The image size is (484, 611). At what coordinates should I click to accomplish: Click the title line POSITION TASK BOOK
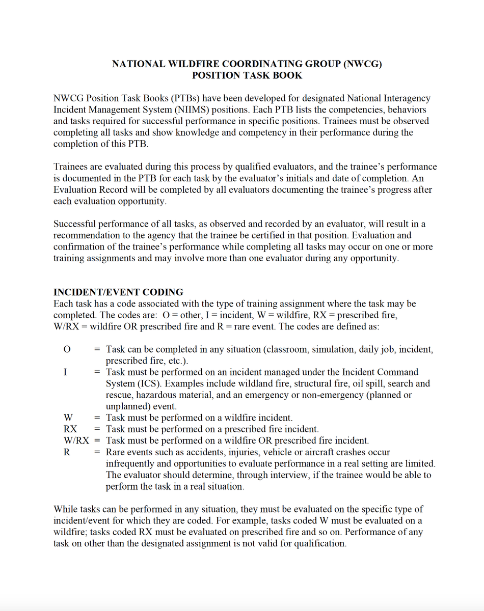pos(247,75)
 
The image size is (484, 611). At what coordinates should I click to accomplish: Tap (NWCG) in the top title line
pos(363,64)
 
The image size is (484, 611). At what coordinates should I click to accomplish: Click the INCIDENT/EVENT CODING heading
pos(118,292)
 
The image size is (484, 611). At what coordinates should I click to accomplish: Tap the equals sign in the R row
pos(97,452)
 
